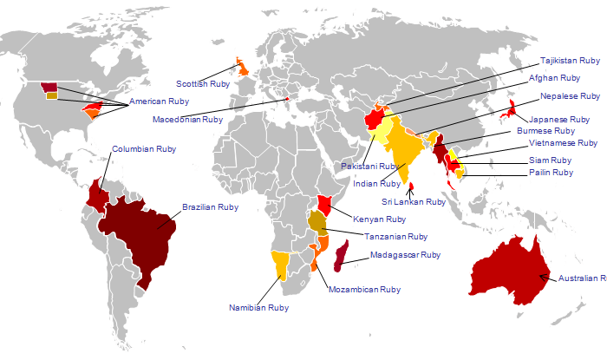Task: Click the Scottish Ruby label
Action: tap(203, 84)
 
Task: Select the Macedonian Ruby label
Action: tap(187, 119)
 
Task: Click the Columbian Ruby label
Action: tap(143, 149)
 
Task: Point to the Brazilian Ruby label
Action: tap(210, 207)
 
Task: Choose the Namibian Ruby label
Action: tap(258, 307)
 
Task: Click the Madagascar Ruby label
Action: tap(405, 255)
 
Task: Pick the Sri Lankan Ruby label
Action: tap(414, 201)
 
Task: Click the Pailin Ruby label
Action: tap(551, 173)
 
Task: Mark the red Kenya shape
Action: tap(325, 205)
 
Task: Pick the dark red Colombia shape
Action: tap(98, 195)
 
